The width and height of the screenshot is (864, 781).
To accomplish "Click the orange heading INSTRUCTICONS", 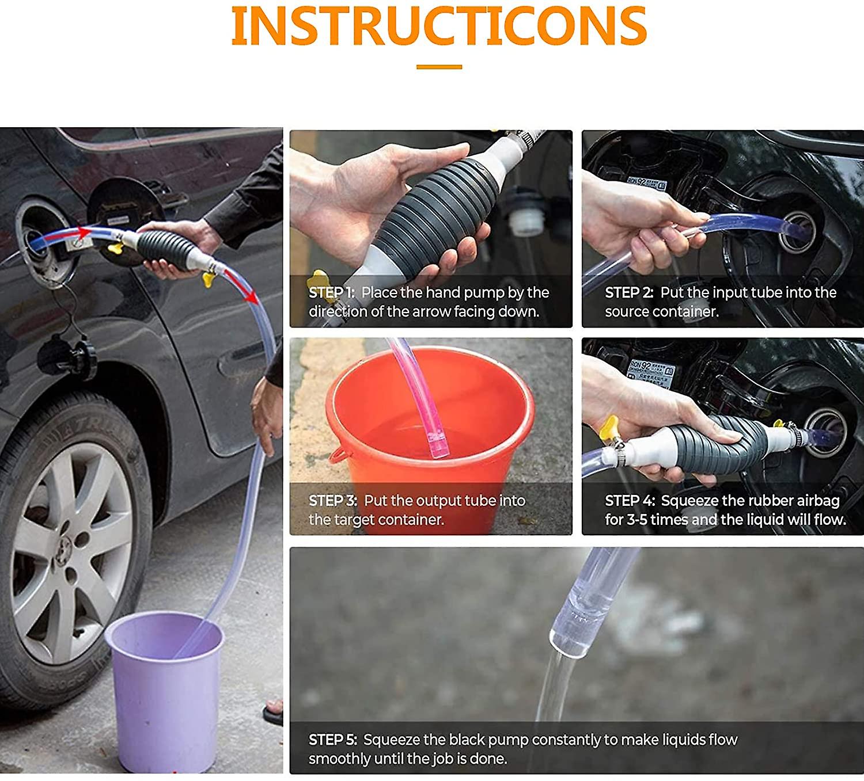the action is coord(439,26).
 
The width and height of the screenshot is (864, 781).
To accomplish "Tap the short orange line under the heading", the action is coord(439,67).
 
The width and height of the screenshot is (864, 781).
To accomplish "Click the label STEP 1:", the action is coord(331,293).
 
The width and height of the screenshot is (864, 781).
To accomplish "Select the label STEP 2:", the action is coord(629,293).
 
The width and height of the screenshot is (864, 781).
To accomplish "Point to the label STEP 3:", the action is coord(333,501).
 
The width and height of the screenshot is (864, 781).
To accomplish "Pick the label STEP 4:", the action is coord(630,501).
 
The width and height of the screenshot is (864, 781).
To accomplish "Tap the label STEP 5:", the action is coord(333,740).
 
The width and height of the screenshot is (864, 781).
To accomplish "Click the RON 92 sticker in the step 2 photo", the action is coord(647,184).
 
